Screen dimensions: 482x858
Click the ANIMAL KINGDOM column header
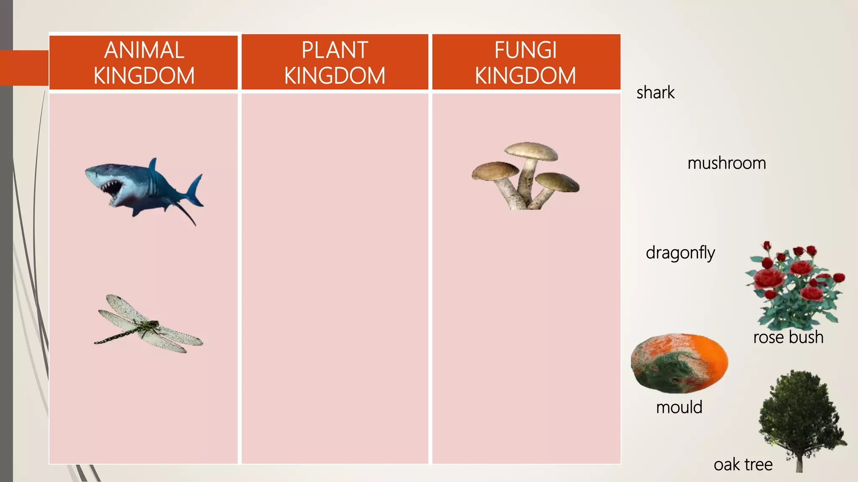(144, 63)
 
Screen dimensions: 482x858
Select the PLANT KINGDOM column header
(335, 63)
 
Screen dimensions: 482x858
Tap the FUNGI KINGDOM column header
(526, 63)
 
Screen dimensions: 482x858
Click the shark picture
(142, 190)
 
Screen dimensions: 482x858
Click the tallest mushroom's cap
(531, 151)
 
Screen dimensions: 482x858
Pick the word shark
(655, 92)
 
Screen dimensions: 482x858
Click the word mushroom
(726, 163)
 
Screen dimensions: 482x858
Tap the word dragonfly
(680, 253)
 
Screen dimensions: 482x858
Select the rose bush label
(788, 337)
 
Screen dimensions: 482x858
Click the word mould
(679, 407)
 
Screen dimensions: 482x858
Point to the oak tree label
(743, 464)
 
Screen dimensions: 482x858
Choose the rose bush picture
(794, 285)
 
